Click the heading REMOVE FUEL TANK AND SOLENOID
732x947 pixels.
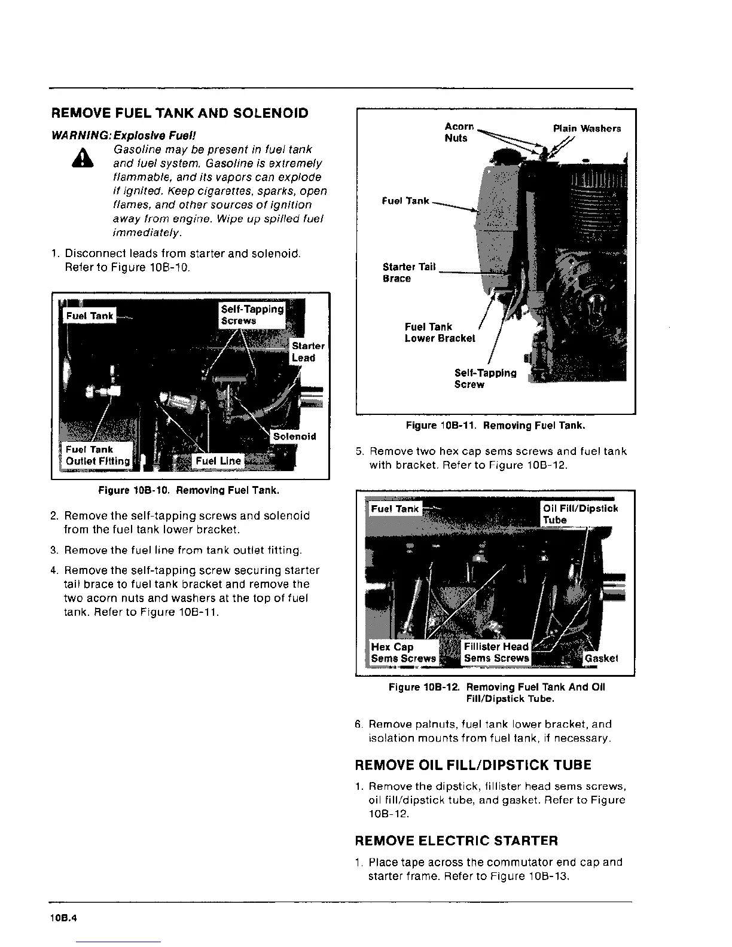point(180,113)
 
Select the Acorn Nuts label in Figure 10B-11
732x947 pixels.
point(458,132)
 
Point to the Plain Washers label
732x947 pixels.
point(587,129)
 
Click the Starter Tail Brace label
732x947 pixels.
point(409,273)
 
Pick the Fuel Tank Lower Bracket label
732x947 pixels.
point(440,332)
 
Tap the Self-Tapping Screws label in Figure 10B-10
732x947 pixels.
point(252,314)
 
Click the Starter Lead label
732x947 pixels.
point(307,352)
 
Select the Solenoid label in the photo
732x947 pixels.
point(294,436)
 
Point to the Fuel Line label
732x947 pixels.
point(218,461)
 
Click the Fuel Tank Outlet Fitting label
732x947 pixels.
point(97,455)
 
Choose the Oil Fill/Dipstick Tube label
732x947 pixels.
point(579,514)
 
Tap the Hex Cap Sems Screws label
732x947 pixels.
point(403,652)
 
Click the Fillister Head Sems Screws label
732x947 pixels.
point(496,652)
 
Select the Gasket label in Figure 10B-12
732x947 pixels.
point(601,658)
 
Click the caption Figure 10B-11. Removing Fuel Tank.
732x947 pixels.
point(495,426)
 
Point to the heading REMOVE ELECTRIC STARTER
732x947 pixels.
point(456,841)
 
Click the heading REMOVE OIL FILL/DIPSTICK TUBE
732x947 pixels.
point(473,765)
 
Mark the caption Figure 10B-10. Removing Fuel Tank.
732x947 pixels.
point(189,491)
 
